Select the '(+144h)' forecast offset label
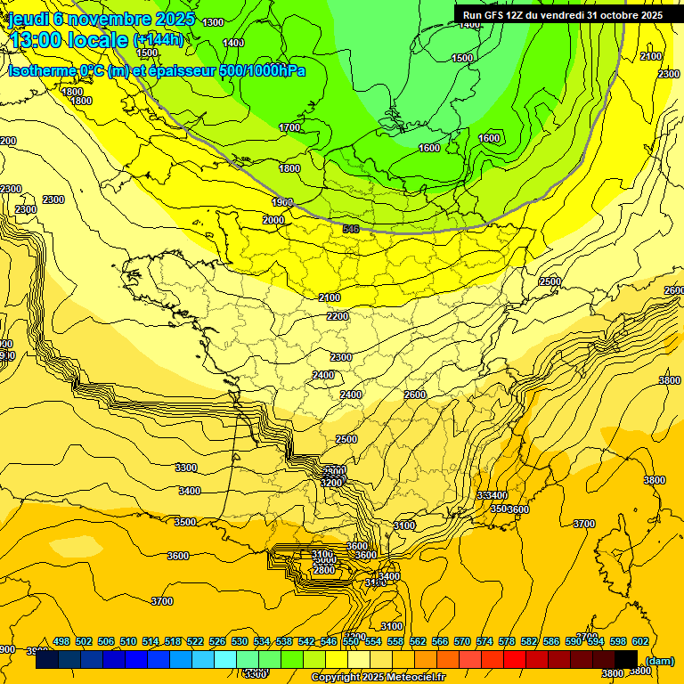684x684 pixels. (x=158, y=40)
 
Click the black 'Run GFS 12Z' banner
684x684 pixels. (x=561, y=15)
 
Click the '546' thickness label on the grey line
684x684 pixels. (x=351, y=230)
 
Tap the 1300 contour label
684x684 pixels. (x=213, y=22)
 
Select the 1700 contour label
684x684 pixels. (x=289, y=128)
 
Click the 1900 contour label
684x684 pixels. (x=282, y=202)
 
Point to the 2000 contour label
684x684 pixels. (x=273, y=220)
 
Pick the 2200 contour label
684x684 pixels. (x=338, y=316)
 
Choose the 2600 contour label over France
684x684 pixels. (x=415, y=395)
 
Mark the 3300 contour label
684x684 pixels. (x=186, y=468)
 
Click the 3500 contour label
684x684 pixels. (x=185, y=522)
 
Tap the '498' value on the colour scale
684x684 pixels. (x=61, y=641)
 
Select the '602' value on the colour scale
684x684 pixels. (x=639, y=641)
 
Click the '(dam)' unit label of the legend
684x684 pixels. (x=660, y=660)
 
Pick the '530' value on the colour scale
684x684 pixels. (x=240, y=641)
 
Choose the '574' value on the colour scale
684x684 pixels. (x=484, y=641)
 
